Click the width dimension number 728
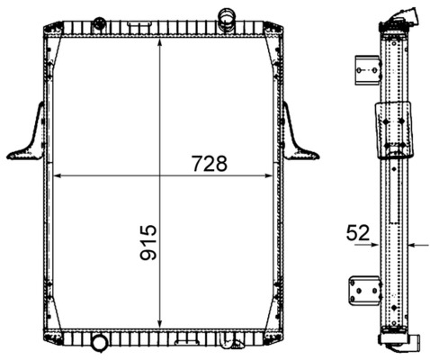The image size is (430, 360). pos(208,164)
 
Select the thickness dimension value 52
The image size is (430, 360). pos(357,233)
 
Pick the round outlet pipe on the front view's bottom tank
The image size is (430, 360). pos(97,343)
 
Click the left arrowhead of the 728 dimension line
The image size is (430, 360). pos(60,175)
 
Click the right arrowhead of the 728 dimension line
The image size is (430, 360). pos(270,175)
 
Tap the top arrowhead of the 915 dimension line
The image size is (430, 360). pos(160,45)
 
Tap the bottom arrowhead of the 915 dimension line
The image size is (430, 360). pos(160,325)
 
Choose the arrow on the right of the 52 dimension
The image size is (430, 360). pos(413,243)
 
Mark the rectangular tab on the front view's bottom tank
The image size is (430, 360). pos(188,339)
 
